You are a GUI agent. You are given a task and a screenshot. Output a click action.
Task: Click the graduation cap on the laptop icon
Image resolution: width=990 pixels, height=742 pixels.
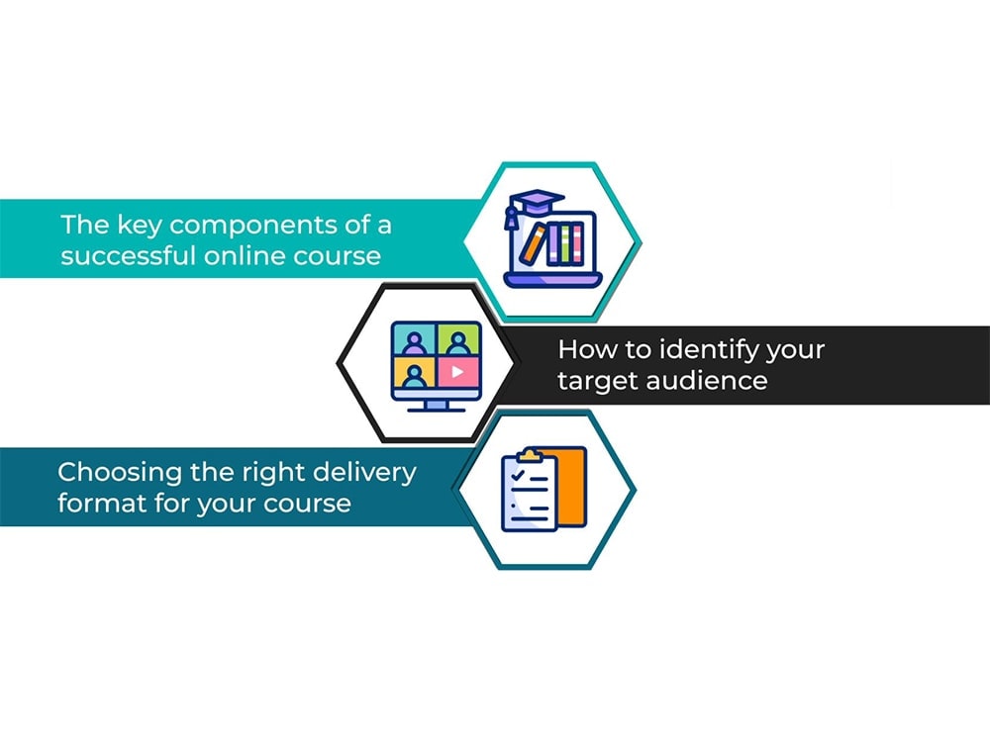pos(533,206)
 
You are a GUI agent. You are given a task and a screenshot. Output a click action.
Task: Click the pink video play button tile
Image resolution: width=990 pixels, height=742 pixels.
pos(458,372)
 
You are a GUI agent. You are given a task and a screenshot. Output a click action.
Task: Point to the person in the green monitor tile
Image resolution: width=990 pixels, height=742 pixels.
pos(457,342)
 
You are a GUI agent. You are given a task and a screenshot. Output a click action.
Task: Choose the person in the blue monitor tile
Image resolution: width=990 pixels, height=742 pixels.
pos(414,342)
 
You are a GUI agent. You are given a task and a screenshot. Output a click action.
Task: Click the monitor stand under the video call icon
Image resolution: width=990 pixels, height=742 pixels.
pos(437,406)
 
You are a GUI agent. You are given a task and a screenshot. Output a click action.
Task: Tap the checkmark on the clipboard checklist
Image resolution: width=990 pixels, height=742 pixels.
pos(519,475)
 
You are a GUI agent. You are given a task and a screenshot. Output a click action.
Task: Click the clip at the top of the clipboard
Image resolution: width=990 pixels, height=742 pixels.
pos(529,455)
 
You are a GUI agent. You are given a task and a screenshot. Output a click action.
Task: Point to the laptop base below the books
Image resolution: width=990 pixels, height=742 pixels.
pos(553,280)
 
